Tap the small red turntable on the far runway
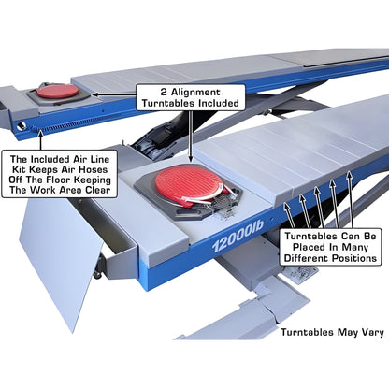coord(58,92)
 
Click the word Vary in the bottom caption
coord(363,331)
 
